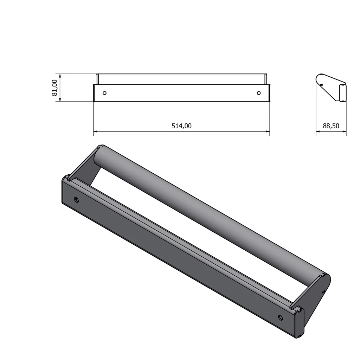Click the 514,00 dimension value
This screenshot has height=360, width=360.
(x=181, y=126)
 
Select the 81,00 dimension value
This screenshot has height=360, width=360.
(x=54, y=88)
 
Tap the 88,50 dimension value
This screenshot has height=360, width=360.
(x=331, y=126)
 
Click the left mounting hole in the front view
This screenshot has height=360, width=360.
(x=104, y=93)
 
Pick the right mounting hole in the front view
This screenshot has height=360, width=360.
(x=259, y=93)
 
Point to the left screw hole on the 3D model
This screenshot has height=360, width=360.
(x=76, y=200)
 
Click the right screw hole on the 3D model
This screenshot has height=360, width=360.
(x=280, y=317)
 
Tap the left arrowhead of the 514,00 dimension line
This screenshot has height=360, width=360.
(x=96, y=131)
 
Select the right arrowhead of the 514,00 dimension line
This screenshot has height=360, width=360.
(x=268, y=131)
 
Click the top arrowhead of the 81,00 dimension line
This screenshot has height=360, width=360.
(x=60, y=76)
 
